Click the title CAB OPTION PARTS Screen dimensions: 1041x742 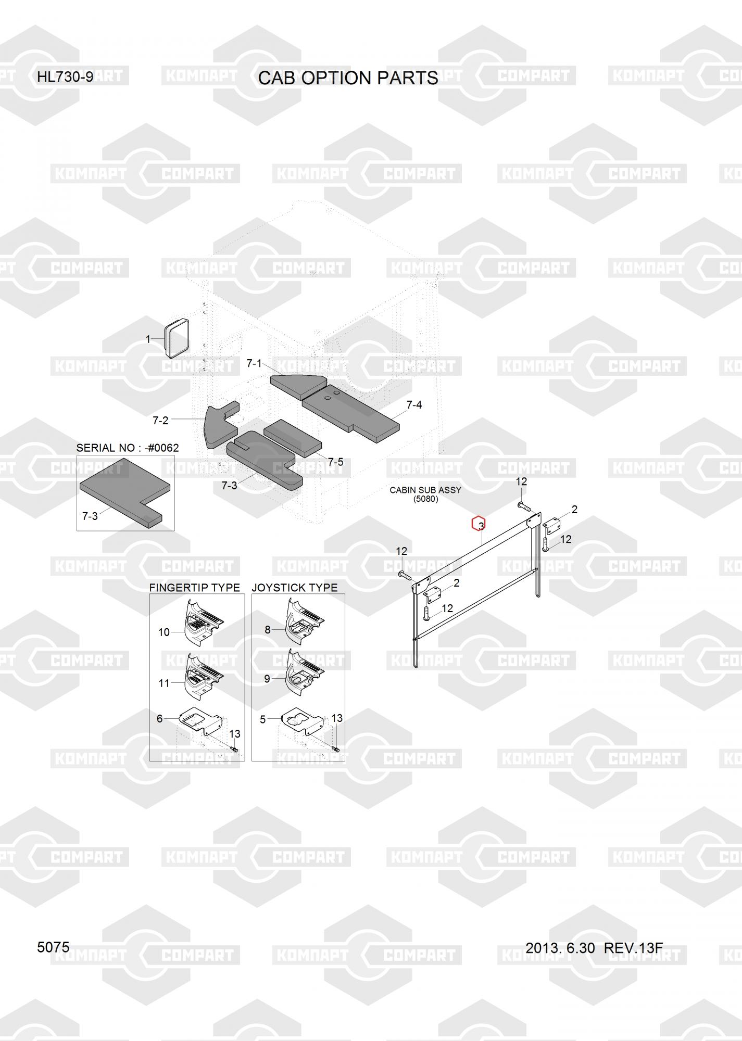pos(348,78)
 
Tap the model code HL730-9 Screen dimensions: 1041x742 pos(65,77)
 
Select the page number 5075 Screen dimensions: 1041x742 pos(53,947)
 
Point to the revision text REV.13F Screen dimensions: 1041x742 pos(633,948)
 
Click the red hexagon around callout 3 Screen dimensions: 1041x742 pos(479,524)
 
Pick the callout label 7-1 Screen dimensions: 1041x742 pos(254,363)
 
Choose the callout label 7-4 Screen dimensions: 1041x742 pos(414,404)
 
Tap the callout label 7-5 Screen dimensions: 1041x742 pos(335,462)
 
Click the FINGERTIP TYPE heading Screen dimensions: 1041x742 pos(194,587)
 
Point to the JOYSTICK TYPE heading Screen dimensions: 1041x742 pos(295,587)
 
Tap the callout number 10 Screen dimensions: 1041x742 pos(164,632)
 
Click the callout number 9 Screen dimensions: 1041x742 pos(267,679)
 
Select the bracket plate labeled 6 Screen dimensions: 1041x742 pos(200,722)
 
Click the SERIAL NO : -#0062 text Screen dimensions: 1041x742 pos(128,448)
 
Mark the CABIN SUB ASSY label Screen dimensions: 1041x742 pos(425,490)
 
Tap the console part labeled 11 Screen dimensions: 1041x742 pos(203,676)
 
